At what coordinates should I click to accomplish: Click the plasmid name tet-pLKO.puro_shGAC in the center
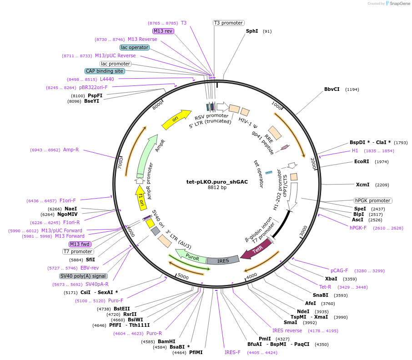click(217, 181)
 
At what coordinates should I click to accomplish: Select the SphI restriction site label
click(252, 31)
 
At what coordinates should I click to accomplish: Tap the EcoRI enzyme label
click(362, 161)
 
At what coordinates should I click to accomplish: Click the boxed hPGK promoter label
click(373, 200)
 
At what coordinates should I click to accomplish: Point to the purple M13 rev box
click(163, 31)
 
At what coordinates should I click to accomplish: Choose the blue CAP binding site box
click(105, 71)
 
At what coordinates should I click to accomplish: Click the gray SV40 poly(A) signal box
click(83, 276)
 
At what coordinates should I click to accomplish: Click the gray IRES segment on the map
click(223, 260)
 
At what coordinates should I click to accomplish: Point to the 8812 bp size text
click(217, 187)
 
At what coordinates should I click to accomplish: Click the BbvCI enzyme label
click(332, 89)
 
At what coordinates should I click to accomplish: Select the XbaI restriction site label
click(331, 279)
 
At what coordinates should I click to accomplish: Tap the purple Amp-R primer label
click(71, 150)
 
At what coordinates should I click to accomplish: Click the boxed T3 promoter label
click(228, 23)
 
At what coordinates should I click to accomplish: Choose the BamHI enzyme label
click(166, 341)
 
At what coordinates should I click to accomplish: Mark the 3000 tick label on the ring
click(304, 233)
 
